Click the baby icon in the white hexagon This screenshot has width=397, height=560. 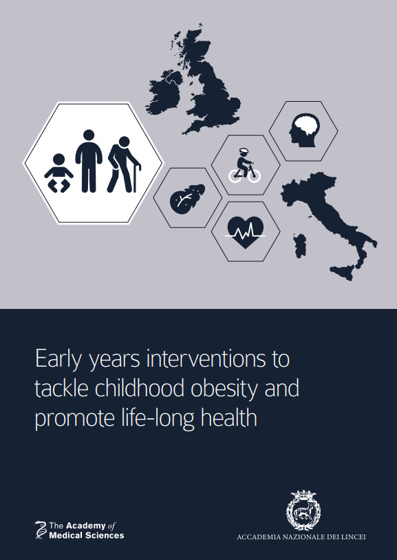[58, 173]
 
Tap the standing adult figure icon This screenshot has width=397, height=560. [89, 161]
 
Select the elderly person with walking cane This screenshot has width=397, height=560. [124, 164]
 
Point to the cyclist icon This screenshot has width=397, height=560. [245, 166]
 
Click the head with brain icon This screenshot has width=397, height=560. [304, 130]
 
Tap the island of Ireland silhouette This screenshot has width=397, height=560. [164, 92]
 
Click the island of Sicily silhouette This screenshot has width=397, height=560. [344, 272]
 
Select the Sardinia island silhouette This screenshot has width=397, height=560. [300, 246]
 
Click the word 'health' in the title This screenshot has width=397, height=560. [228, 417]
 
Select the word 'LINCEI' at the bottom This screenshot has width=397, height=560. [353, 537]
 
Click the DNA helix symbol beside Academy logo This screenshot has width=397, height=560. [41, 530]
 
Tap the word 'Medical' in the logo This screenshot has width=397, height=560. [64, 535]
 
